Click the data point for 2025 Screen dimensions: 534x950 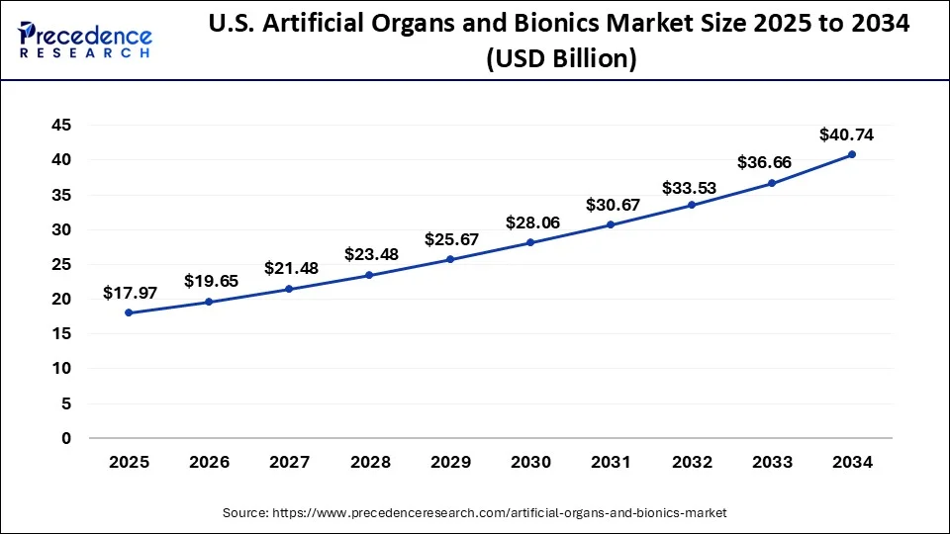129,312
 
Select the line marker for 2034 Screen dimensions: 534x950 851,154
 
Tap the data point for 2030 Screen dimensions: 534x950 529,242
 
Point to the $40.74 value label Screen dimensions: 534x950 846,135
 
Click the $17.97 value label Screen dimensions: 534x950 129,294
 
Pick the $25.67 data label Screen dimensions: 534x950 450,240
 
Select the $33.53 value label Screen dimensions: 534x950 691,186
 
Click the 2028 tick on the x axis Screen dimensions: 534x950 369,462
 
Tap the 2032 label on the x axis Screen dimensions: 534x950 691,462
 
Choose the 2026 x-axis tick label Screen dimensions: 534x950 209,462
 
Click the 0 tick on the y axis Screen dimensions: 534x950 66,438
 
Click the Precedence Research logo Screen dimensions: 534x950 85,40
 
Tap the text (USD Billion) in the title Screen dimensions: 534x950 560,58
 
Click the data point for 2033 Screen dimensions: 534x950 771,183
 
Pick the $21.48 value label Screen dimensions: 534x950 289,269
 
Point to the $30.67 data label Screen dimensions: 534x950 611,206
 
